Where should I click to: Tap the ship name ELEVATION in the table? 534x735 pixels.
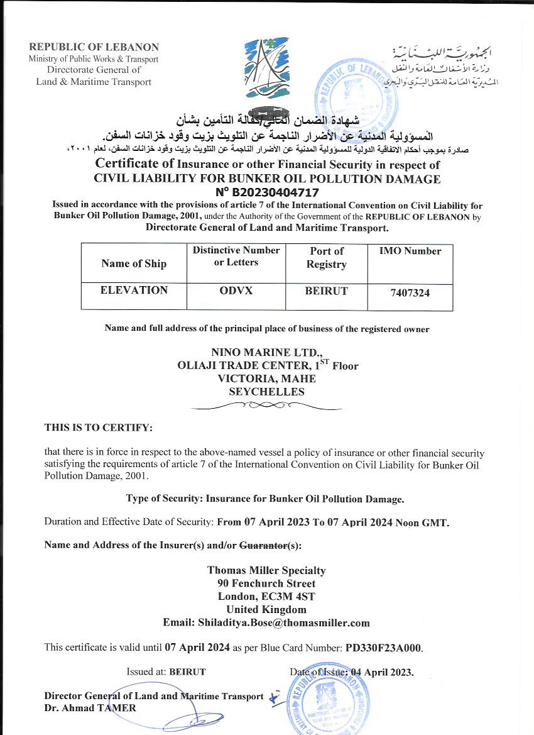134,290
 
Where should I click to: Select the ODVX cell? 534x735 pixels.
236,290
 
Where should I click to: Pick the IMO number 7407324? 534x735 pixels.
409,292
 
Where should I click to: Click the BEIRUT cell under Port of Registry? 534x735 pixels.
326,290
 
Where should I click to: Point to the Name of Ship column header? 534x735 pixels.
134,263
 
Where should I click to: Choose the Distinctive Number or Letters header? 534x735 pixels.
236,256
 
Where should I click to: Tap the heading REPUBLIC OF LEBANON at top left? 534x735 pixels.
94,47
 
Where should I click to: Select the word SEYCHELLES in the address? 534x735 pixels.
266,392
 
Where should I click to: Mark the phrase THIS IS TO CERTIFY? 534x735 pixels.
98,428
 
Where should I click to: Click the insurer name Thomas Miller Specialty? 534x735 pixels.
266,570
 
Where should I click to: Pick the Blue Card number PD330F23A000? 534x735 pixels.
384,646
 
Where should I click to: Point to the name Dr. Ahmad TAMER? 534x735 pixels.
90,707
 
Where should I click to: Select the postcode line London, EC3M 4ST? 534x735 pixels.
266,596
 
